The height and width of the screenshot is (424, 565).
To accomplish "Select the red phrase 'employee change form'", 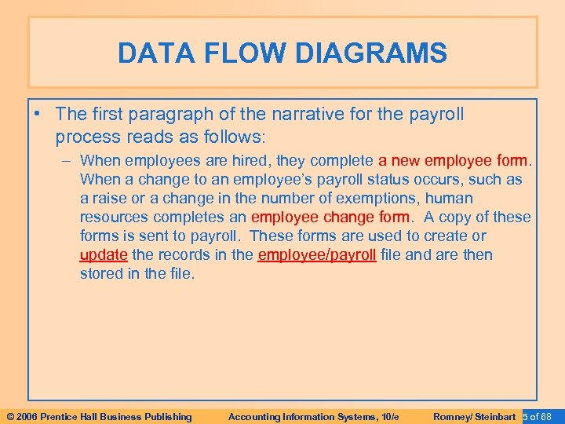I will pos(330,217).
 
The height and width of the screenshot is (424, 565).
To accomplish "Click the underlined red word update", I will pos(104,254).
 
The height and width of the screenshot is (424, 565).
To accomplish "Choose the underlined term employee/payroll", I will pos(318,254).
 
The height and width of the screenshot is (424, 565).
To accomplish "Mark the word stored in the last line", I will pos(101,273).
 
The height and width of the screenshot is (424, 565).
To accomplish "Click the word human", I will pos(450,199).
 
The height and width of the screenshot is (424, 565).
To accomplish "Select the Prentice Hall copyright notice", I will pos(98,416).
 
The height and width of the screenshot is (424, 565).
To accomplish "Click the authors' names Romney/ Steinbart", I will pos(474,416).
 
